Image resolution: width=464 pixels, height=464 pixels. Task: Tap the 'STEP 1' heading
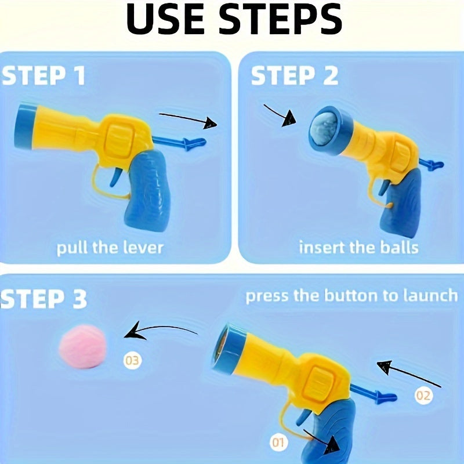[44, 77]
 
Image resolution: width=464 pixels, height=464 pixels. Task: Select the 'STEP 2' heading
[295, 77]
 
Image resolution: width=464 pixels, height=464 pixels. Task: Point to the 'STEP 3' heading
[44, 299]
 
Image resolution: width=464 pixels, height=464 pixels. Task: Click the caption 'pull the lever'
[110, 248]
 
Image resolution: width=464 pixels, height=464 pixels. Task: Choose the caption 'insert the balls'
[358, 248]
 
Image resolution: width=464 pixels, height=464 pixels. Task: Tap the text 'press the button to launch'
[351, 296]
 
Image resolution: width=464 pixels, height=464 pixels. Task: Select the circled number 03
[132, 361]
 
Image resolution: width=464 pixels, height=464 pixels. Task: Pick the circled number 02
[423, 396]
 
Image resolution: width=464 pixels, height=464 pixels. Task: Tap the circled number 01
[279, 444]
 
